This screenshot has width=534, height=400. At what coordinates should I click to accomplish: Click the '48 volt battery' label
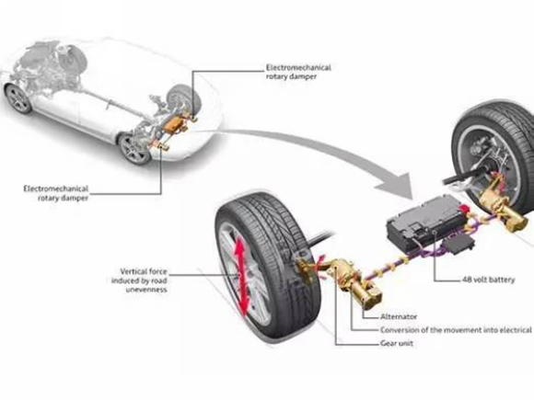489,280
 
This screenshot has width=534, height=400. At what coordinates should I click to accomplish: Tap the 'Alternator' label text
399,316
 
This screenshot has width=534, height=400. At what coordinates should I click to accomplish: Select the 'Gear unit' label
397,343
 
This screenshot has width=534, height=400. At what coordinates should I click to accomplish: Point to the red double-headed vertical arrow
242,276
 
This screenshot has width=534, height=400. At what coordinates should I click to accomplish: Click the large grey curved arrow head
396,187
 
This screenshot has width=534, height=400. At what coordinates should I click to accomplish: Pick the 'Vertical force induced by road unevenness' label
139,280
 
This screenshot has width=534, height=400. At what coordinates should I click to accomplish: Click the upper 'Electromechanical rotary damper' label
298,72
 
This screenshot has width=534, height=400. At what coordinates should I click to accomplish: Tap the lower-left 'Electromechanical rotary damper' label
56,193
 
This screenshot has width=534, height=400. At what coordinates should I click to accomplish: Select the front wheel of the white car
19,98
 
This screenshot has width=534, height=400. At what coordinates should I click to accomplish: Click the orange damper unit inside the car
173,124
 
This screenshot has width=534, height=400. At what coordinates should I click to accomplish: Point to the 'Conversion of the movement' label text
456,330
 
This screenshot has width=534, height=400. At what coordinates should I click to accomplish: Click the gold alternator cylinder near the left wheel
367,295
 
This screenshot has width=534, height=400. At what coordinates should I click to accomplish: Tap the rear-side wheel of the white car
135,149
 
